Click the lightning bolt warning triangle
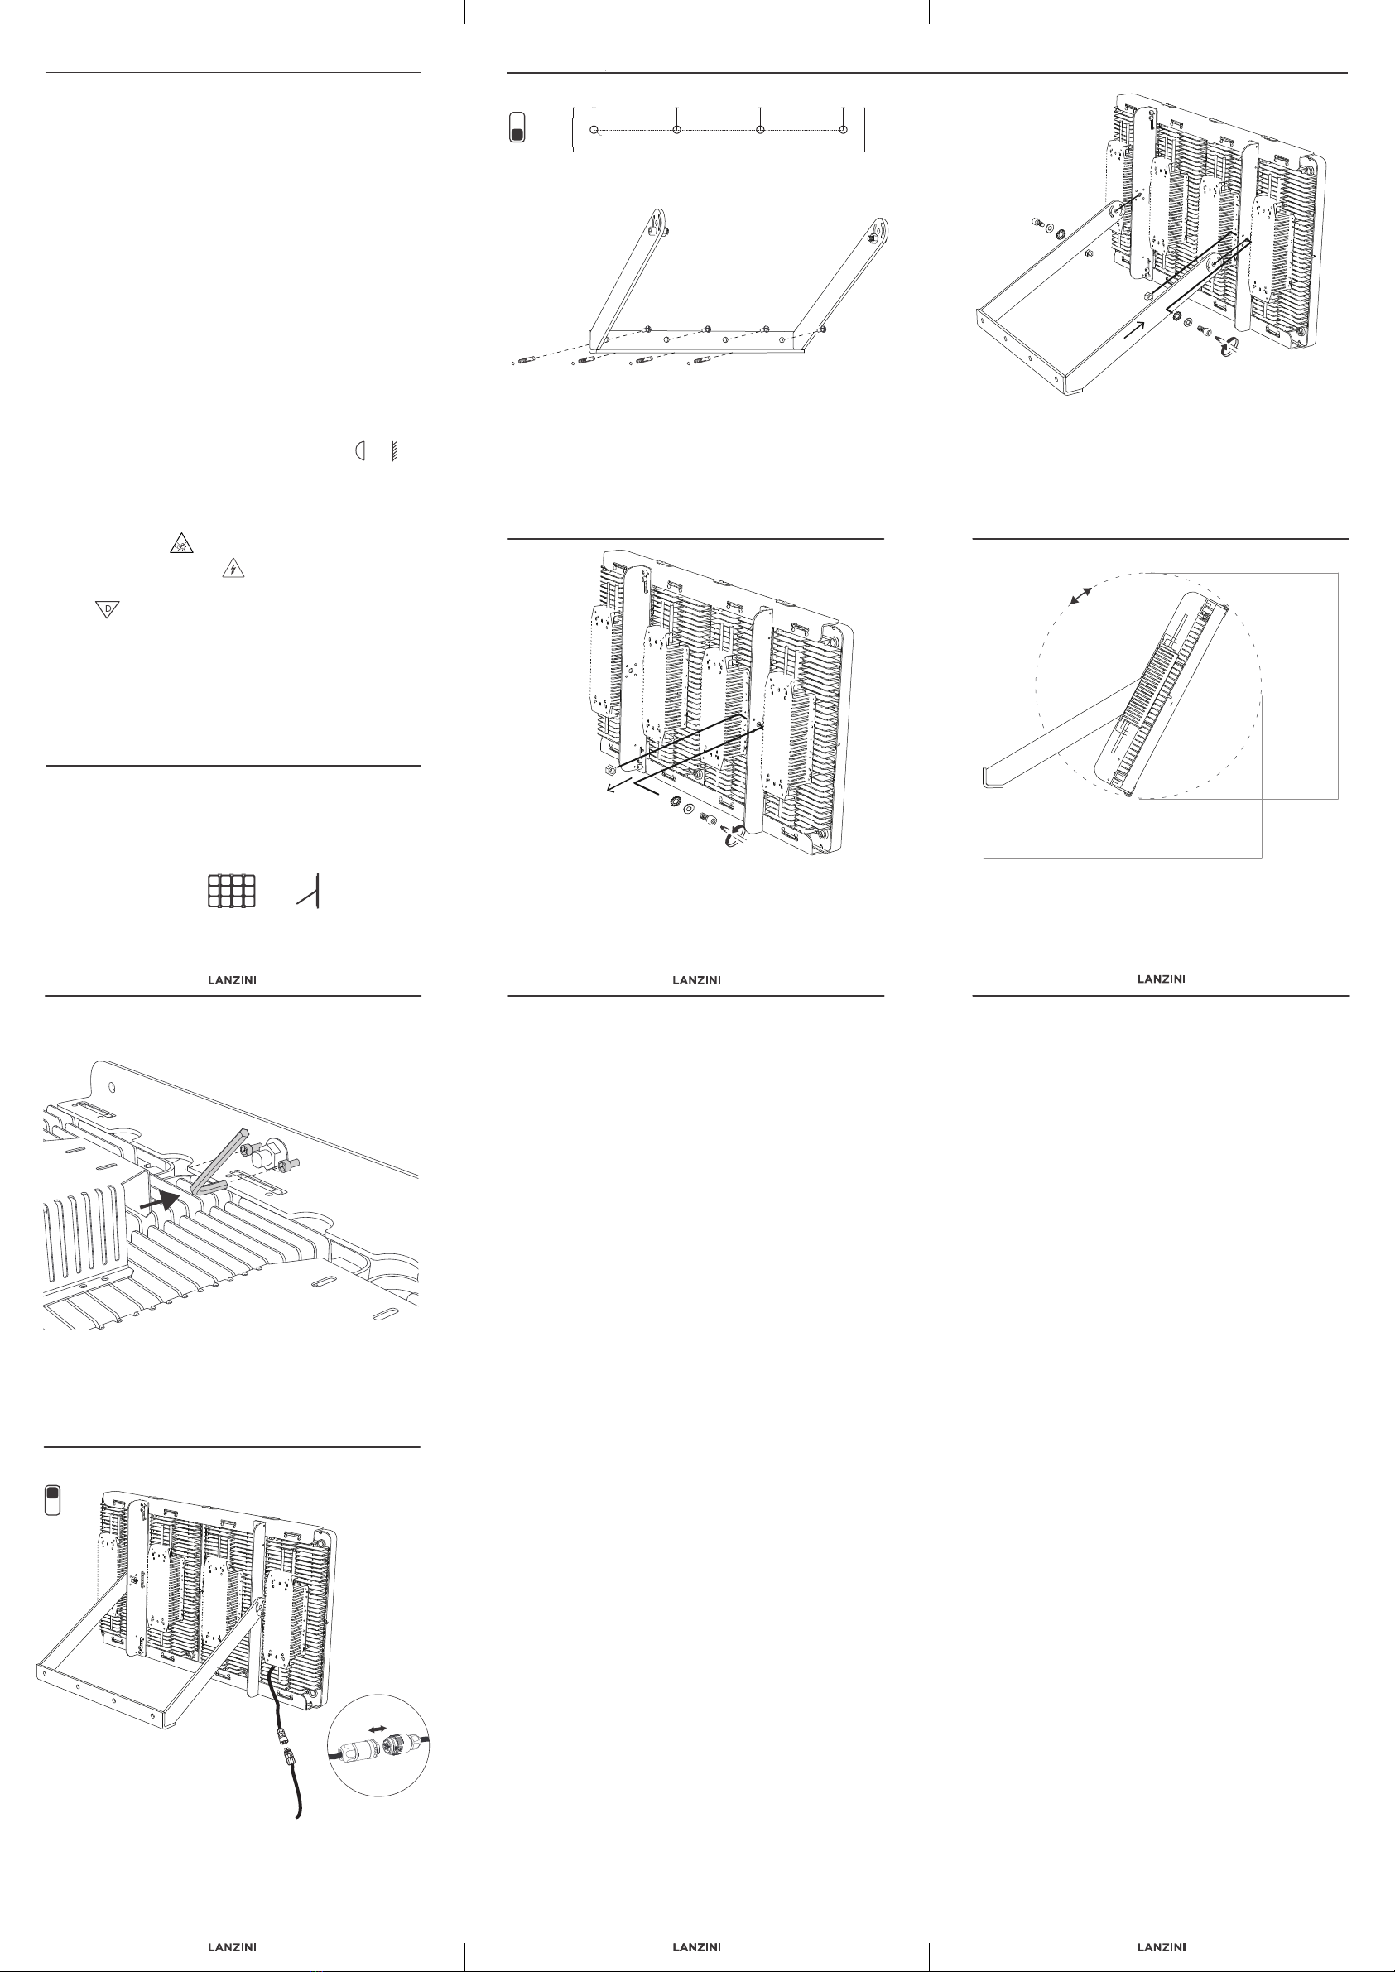tap(233, 568)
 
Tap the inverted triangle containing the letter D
tap(108, 609)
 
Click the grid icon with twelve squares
tap(232, 891)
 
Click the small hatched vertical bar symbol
tap(393, 451)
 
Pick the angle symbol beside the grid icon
tap(310, 892)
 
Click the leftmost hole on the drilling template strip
tap(594, 130)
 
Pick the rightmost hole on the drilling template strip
tap(843, 130)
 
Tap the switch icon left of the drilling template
tap(517, 127)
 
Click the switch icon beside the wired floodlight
tap(52, 1499)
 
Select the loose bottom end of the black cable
tap(298, 1814)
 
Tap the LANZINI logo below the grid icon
tap(232, 980)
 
